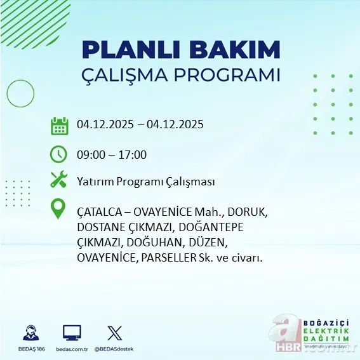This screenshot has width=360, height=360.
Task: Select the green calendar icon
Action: click(x=59, y=125)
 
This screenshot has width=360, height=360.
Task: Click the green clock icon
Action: click(x=58, y=154)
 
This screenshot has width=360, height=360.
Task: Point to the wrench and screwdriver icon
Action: click(x=59, y=181)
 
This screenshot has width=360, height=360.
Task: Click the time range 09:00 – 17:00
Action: click(x=112, y=155)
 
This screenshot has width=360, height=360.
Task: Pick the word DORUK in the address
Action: click(x=250, y=211)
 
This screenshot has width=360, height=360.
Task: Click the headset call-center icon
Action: click(x=30, y=333)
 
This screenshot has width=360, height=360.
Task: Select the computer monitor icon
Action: click(x=72, y=333)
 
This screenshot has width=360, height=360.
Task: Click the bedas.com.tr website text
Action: click(x=72, y=349)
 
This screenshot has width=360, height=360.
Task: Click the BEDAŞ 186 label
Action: click(x=30, y=349)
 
